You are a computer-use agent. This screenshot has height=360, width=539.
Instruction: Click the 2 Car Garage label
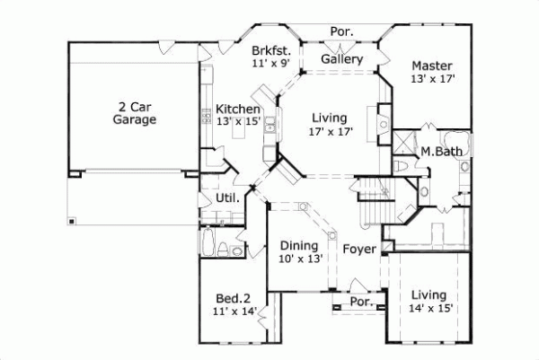point(135,110)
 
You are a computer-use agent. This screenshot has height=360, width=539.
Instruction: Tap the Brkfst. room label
point(269,50)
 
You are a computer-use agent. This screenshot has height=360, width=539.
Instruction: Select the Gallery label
point(341,59)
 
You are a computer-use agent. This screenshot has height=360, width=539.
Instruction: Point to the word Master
point(432,66)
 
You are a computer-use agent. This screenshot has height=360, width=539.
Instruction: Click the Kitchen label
point(238,109)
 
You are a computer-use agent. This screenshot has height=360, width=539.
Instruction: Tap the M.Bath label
point(442,152)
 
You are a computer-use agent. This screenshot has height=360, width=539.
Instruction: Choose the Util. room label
point(226,198)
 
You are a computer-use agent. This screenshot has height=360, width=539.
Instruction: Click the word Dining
point(297,245)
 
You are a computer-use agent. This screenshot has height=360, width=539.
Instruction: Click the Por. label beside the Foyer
point(362,302)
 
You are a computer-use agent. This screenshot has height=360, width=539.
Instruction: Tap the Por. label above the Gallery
point(341,31)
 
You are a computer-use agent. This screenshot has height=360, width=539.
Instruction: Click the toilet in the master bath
point(402,168)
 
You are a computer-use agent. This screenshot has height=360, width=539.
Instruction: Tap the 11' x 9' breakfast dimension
point(269,64)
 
